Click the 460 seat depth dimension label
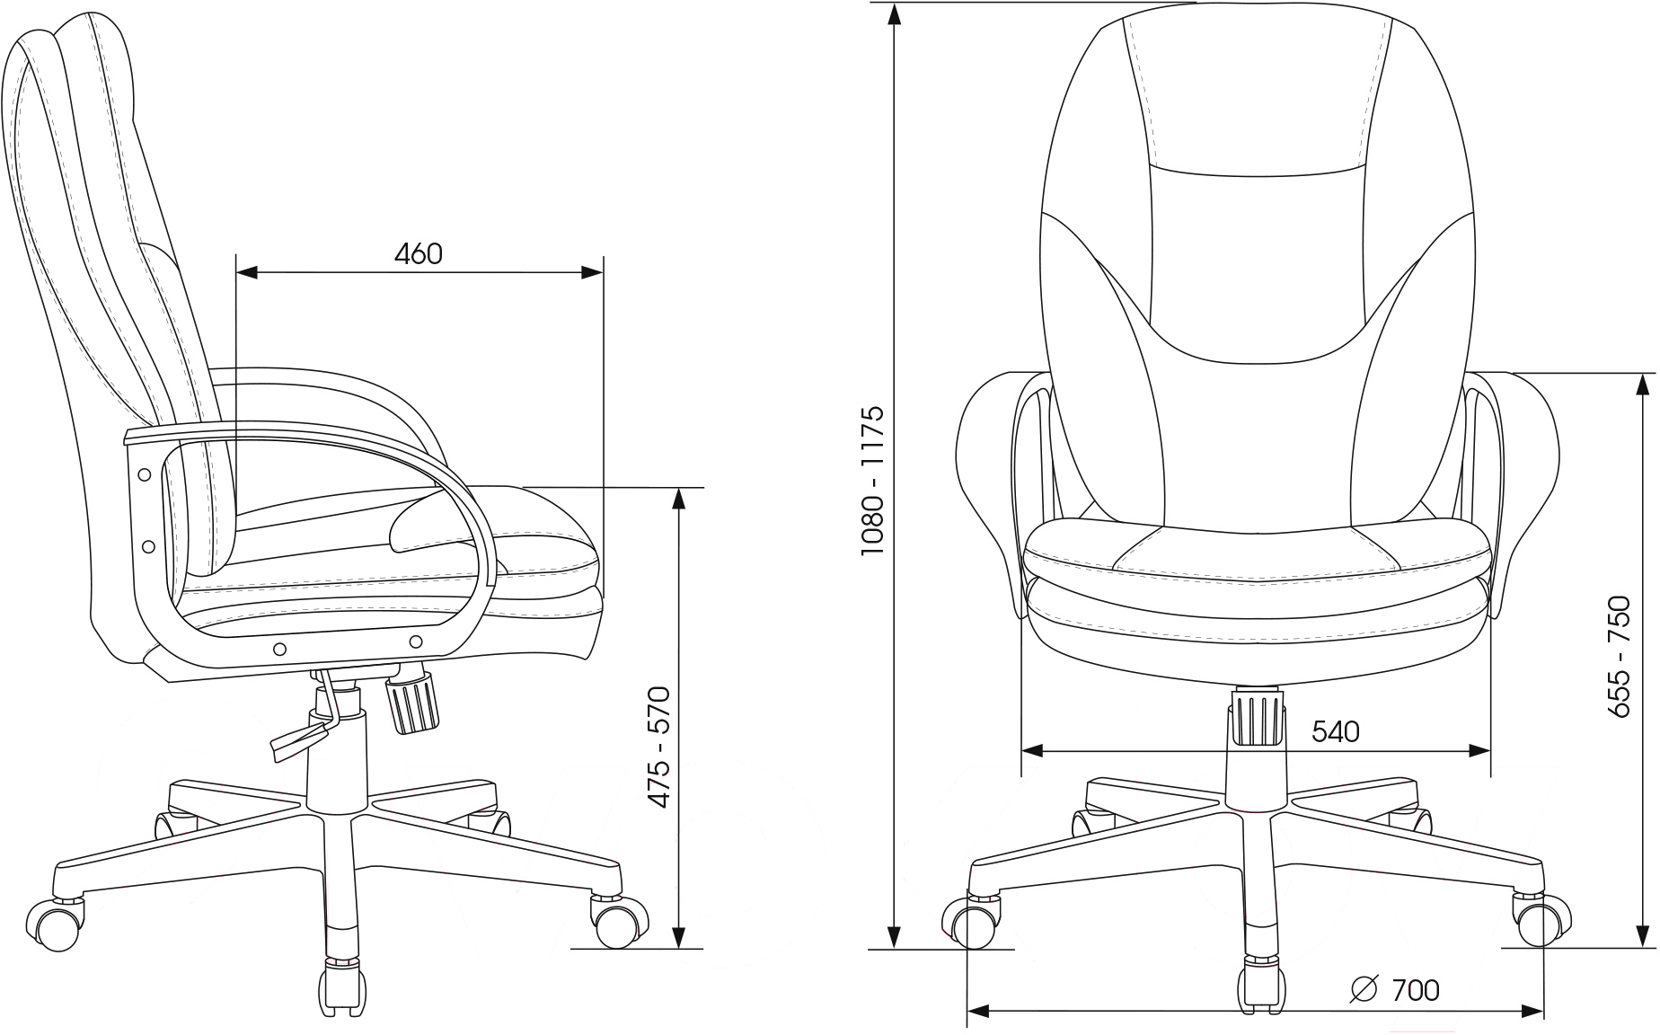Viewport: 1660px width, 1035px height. pyautogui.click(x=419, y=254)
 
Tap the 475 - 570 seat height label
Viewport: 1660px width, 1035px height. pyautogui.click(x=660, y=747)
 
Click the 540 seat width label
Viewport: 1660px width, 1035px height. pyautogui.click(x=1336, y=732)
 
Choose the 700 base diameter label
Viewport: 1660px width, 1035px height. pyautogui.click(x=1416, y=990)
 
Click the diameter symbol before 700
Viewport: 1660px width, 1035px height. pyautogui.click(x=1364, y=989)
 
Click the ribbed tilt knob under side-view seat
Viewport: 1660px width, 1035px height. pyautogui.click(x=413, y=706)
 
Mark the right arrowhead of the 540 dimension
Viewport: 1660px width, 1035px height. pyautogui.click(x=1479, y=750)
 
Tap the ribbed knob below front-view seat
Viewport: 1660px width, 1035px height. pyautogui.click(x=1257, y=717)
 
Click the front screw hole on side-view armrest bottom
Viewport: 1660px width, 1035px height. pyautogui.click(x=416, y=641)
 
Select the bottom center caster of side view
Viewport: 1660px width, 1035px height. pyautogui.click(x=341, y=986)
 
